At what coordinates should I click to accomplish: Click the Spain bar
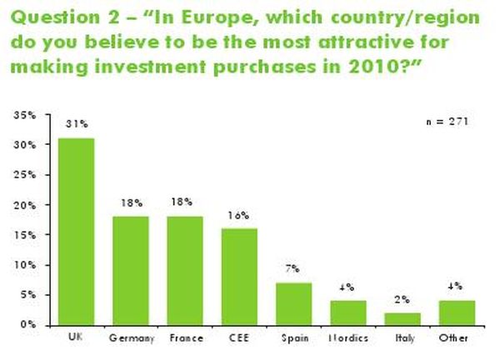[x=293, y=303]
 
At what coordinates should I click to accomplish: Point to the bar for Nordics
[x=347, y=312]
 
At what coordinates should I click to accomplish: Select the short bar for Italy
[x=402, y=318]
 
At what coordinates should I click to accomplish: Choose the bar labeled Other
[x=456, y=312]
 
